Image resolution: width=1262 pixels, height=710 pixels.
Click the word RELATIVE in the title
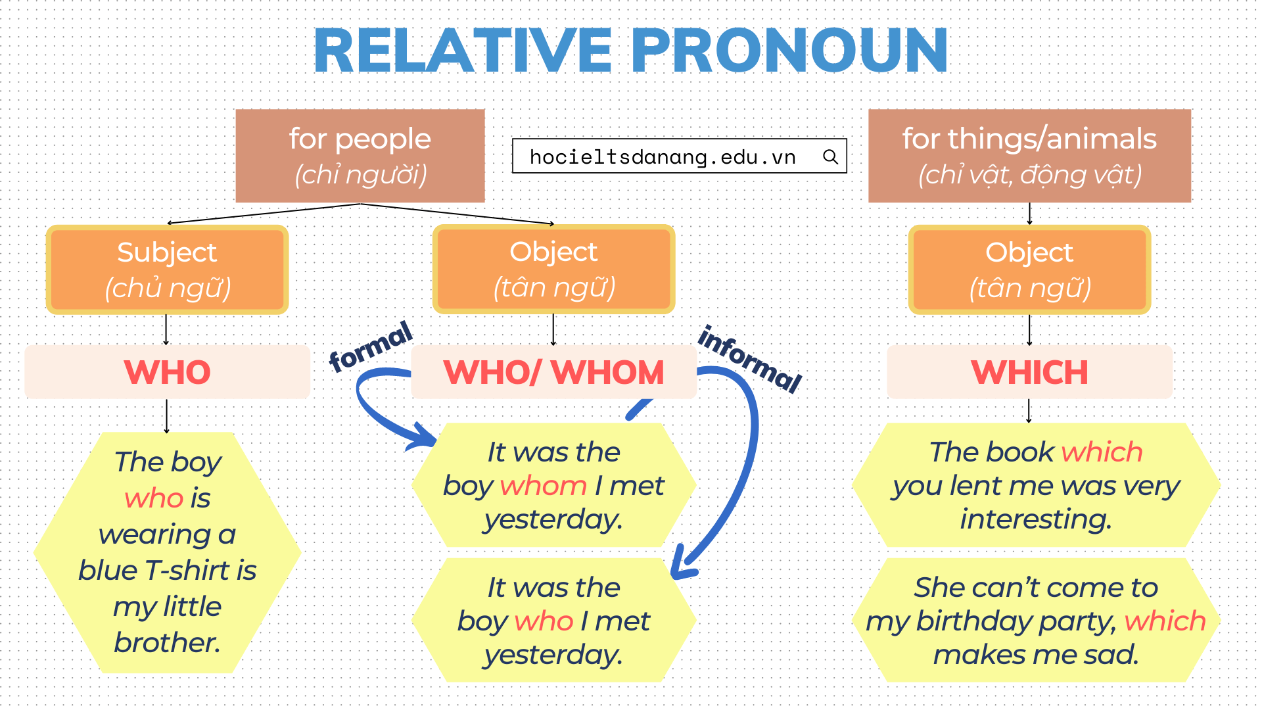point(463,51)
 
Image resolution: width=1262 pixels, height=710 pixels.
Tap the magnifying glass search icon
point(830,156)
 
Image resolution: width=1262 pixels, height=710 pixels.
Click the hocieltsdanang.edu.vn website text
point(663,157)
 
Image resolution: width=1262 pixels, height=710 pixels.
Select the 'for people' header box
point(360,156)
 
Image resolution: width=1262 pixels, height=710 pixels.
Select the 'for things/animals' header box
point(1029,156)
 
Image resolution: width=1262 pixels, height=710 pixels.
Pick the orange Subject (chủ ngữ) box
point(167,270)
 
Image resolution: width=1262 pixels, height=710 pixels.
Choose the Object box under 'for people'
point(553,269)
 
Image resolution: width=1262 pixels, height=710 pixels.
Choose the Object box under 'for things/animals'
point(1029,270)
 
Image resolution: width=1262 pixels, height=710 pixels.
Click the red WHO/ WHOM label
point(553,372)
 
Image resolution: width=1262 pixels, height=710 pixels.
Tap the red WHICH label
point(1029,372)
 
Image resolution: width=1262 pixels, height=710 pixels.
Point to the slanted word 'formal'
point(371,347)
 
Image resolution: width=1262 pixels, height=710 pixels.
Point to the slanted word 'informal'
point(750,359)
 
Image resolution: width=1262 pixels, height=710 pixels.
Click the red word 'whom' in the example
point(543,486)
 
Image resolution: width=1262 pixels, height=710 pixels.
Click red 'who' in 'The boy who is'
point(154,498)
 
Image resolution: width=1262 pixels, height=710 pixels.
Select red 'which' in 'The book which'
point(1102,452)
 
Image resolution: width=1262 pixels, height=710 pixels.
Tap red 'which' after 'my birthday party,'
point(1165,621)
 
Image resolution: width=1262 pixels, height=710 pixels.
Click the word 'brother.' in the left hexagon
point(167,643)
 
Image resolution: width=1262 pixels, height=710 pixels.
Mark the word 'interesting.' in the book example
point(1036,519)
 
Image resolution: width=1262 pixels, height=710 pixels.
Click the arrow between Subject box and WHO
point(166,329)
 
